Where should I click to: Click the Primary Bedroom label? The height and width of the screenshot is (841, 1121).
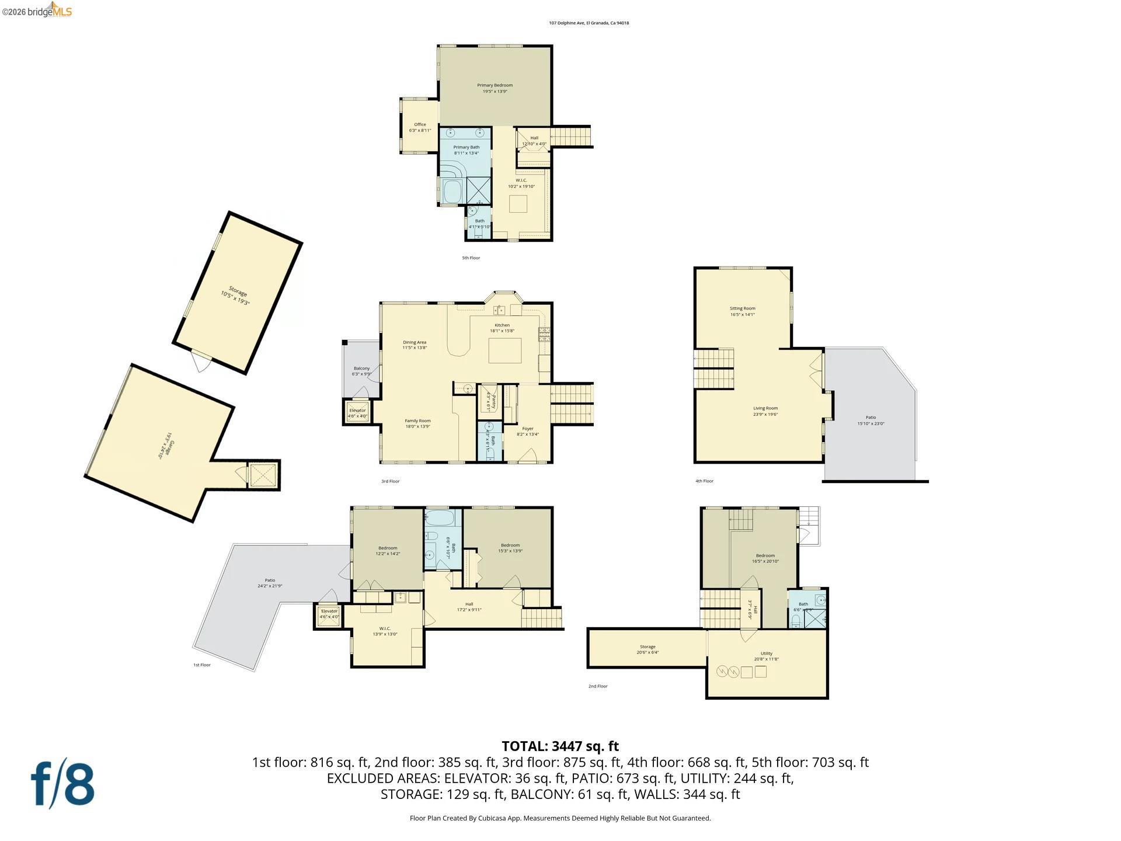click(x=495, y=88)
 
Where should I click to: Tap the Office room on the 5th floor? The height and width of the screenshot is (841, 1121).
click(x=420, y=127)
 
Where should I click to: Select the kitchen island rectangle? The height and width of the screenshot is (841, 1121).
click(x=504, y=350)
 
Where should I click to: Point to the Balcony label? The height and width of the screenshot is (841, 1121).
click(x=361, y=371)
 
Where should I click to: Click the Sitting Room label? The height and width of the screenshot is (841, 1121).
click(x=742, y=311)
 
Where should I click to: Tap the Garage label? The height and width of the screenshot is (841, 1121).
click(x=165, y=446)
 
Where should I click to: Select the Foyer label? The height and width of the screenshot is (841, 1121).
click(x=527, y=431)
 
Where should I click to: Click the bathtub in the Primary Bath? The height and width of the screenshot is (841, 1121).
click(x=452, y=191)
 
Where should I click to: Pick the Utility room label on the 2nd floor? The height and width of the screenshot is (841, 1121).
click(x=766, y=656)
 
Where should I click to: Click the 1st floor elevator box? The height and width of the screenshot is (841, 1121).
click(x=329, y=614)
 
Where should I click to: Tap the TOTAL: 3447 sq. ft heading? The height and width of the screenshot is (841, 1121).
click(x=560, y=746)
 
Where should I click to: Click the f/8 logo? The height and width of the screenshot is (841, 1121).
click(x=62, y=783)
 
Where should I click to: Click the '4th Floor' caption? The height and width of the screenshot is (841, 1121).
click(x=704, y=481)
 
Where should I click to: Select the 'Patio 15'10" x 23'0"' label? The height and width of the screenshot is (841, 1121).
click(x=871, y=420)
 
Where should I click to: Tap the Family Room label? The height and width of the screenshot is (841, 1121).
click(x=417, y=423)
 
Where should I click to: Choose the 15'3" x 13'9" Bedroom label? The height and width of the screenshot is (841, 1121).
click(x=510, y=548)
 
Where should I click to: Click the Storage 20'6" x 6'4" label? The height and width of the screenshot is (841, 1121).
click(x=647, y=649)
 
